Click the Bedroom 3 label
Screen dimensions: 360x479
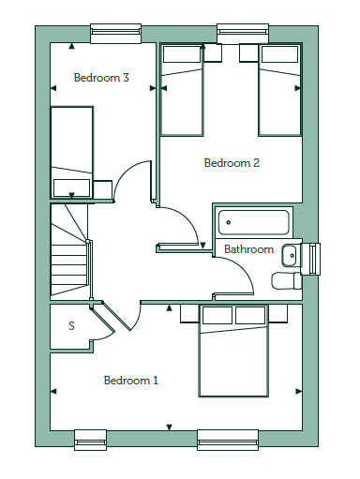pos(101,78)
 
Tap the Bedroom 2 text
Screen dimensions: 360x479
pos(232,163)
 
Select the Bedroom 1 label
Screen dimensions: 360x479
pos(131,381)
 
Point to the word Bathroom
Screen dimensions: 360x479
pos(248,249)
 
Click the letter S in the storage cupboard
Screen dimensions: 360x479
pos(71,326)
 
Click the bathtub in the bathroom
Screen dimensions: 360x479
pos(253,222)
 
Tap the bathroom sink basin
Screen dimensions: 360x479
pos(290,256)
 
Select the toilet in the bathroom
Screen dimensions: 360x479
pos(287,280)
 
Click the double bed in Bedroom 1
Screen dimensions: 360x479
pos(233,351)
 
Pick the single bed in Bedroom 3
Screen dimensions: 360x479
pos(72,153)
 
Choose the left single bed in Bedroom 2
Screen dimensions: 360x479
pos(182,90)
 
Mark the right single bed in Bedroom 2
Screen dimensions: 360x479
pos(280,90)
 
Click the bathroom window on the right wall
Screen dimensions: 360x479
pos(314,259)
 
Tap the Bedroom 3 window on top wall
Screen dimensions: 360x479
pos(116,33)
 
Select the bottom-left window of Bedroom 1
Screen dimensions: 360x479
pos(90,440)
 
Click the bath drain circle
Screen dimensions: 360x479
pos(229,222)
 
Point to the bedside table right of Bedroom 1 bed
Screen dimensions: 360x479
pos(277,314)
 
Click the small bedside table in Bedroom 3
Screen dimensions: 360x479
pos(102,189)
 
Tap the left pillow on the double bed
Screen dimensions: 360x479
pos(217,315)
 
